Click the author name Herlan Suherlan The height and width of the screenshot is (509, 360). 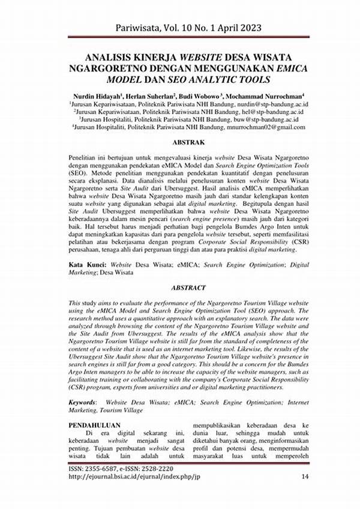tap(148, 95)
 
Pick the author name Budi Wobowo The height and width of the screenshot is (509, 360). tap(198, 95)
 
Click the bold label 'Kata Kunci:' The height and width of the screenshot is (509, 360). tap(88, 264)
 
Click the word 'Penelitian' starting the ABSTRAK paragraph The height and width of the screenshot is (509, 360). tap(85, 157)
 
